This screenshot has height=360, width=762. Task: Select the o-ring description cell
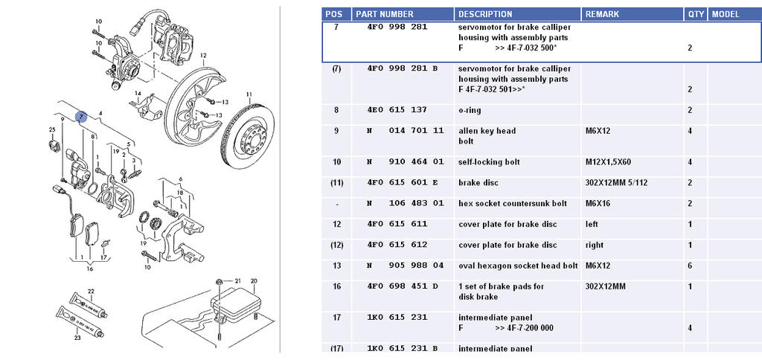(470, 110)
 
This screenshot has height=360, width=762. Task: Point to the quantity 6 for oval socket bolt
(690, 266)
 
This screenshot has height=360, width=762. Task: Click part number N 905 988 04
(406, 266)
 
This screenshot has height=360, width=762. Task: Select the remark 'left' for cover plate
(592, 225)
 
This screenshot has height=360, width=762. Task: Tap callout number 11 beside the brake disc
(249, 94)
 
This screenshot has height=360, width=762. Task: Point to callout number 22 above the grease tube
(91, 292)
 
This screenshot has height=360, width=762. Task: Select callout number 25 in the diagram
(52, 131)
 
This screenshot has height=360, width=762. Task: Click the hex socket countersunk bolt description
(513, 204)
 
